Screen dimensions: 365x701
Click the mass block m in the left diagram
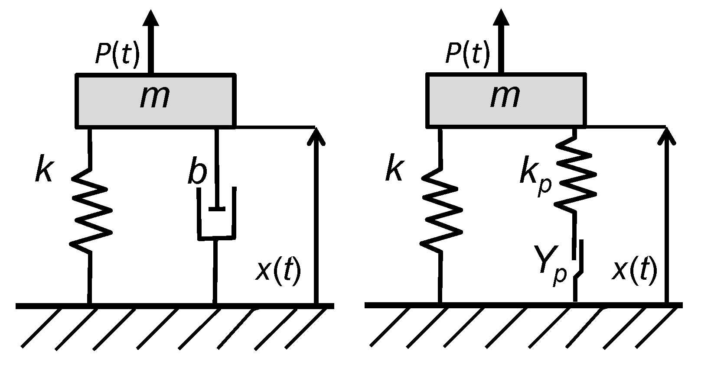156,101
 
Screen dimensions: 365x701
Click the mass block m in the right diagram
506,101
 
